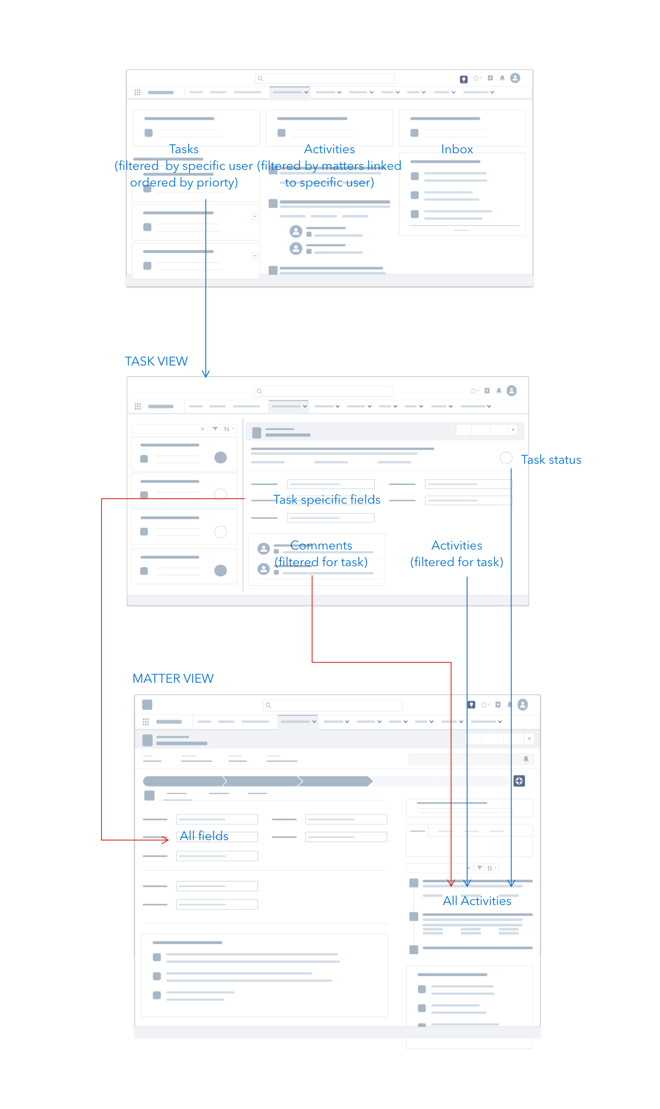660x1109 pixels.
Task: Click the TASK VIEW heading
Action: click(x=156, y=361)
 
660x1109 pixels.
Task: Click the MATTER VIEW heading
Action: click(x=173, y=679)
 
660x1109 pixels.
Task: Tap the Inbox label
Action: click(x=457, y=149)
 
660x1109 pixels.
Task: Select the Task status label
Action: click(x=551, y=460)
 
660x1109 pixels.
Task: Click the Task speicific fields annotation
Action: click(x=327, y=500)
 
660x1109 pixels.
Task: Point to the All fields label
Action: click(x=204, y=836)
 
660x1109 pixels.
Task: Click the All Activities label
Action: click(x=477, y=901)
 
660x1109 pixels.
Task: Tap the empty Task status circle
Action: click(x=506, y=458)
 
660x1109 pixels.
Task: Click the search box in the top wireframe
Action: click(x=325, y=78)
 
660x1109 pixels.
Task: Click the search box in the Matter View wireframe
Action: click(x=332, y=705)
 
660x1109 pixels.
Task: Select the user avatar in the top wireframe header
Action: click(x=515, y=78)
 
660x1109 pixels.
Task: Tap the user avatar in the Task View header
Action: click(x=511, y=390)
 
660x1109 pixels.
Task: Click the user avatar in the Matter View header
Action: click(x=523, y=705)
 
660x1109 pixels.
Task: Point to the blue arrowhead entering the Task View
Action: click(x=206, y=374)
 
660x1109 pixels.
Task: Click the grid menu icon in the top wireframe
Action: click(x=137, y=92)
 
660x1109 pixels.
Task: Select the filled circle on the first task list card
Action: click(x=221, y=458)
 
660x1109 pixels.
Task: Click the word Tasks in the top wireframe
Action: click(x=184, y=149)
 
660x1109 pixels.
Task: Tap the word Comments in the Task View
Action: click(x=321, y=545)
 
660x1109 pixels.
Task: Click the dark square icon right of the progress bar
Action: click(x=519, y=781)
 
